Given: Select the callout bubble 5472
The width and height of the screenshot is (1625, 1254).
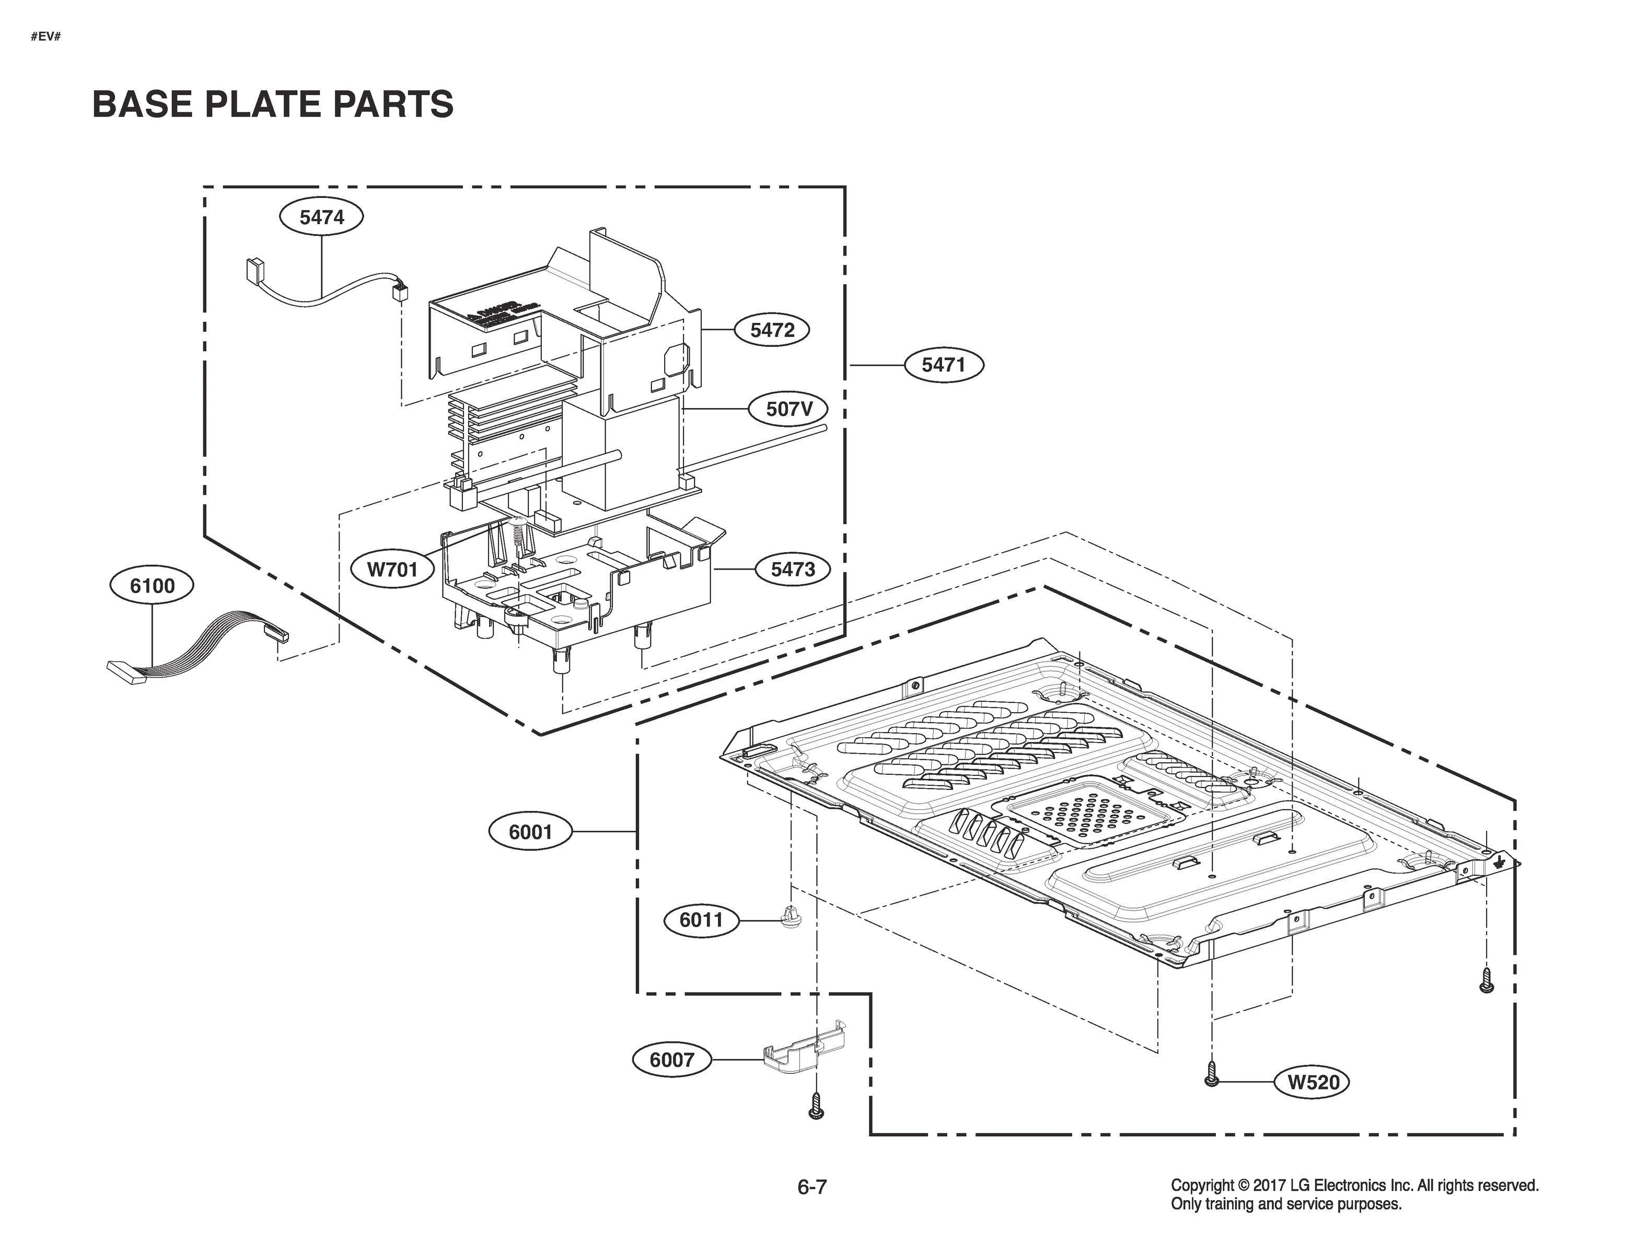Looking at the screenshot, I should tap(772, 330).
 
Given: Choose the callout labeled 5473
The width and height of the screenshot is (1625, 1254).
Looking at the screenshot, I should tap(793, 570).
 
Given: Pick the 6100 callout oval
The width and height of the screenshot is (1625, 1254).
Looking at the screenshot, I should tap(152, 586).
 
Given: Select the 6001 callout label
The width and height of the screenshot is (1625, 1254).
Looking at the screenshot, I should tap(530, 831).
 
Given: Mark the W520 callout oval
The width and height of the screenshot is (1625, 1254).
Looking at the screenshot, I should tap(1313, 1082).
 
